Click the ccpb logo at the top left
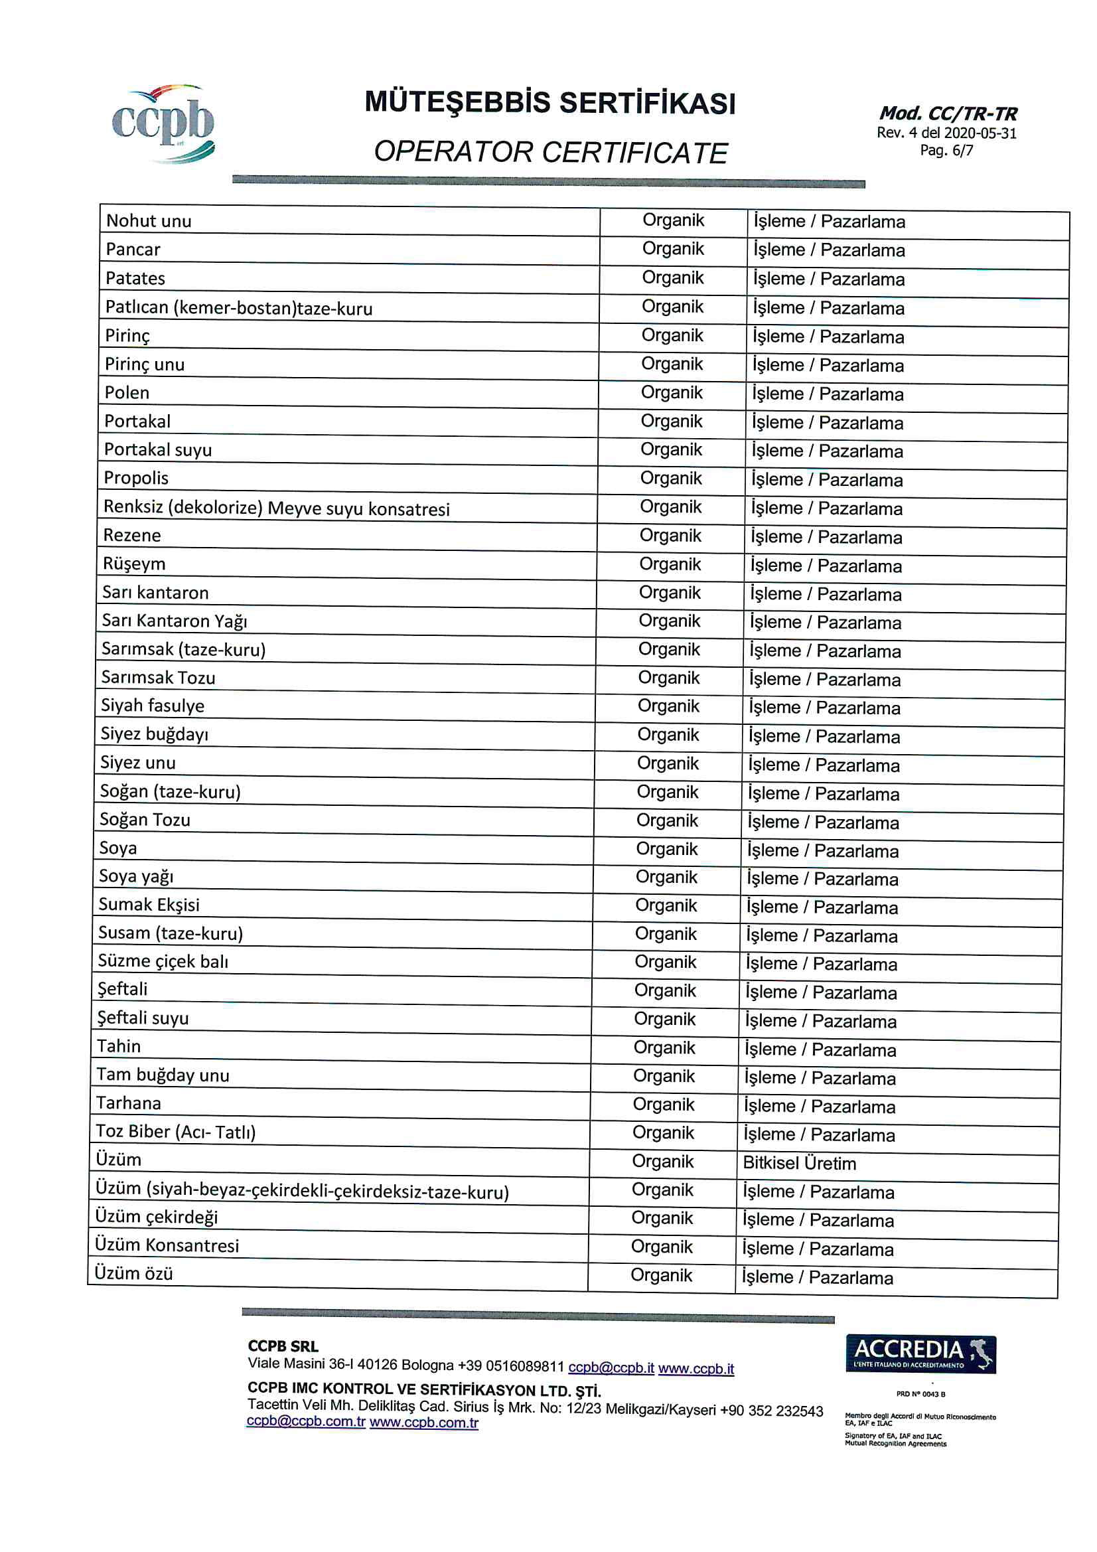[163, 123]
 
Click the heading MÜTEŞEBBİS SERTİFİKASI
[549, 104]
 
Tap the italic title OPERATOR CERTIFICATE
[550, 153]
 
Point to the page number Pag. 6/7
[946, 151]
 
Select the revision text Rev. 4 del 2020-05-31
[946, 133]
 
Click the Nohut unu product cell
[149, 221]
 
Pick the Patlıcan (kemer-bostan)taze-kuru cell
[239, 308]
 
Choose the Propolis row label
[136, 478]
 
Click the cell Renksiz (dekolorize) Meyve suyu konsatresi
[276, 508]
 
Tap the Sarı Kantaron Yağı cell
[175, 621]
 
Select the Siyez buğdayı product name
[154, 734]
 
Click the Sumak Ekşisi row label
[149, 904]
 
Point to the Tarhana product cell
[129, 1103]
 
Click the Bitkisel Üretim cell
[799, 1163]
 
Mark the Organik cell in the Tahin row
[664, 1048]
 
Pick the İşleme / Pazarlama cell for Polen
[828, 394]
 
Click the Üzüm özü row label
[133, 1273]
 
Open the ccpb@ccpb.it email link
[611, 1367]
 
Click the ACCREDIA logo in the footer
[920, 1354]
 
